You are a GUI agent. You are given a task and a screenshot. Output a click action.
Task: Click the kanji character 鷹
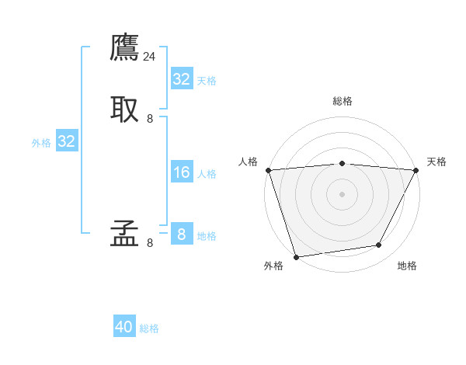click(124, 49)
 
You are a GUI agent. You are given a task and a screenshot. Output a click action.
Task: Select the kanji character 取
click(124, 109)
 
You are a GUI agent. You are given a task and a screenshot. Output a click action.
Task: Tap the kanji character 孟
click(124, 234)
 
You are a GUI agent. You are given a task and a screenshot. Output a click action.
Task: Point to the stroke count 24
click(150, 57)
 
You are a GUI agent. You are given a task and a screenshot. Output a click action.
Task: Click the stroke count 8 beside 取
click(150, 119)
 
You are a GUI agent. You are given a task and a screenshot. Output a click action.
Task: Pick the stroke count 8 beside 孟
click(150, 243)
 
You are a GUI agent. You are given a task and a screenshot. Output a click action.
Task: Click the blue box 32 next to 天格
click(181, 78)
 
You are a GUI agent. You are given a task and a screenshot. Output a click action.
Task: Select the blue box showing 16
click(181, 172)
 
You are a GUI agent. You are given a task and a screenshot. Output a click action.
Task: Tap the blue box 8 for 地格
click(181, 235)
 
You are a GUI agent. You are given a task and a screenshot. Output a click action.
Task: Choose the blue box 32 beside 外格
click(66, 141)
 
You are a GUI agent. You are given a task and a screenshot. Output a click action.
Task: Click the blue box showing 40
click(124, 327)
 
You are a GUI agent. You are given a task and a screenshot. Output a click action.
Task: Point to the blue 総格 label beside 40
click(149, 328)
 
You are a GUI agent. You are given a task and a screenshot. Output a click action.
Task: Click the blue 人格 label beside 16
click(207, 174)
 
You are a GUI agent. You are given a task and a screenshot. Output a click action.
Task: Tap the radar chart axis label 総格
click(342, 101)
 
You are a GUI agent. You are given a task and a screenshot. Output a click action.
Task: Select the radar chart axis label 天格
click(436, 162)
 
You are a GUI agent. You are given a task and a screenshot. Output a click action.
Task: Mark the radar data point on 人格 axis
click(268, 170)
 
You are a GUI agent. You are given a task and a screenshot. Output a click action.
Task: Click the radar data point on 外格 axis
click(296, 256)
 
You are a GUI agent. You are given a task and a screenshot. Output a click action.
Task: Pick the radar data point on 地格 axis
click(379, 245)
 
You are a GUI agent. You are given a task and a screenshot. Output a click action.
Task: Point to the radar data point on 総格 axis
click(342, 163)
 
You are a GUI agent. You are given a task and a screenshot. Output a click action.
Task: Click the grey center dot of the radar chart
click(342, 193)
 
